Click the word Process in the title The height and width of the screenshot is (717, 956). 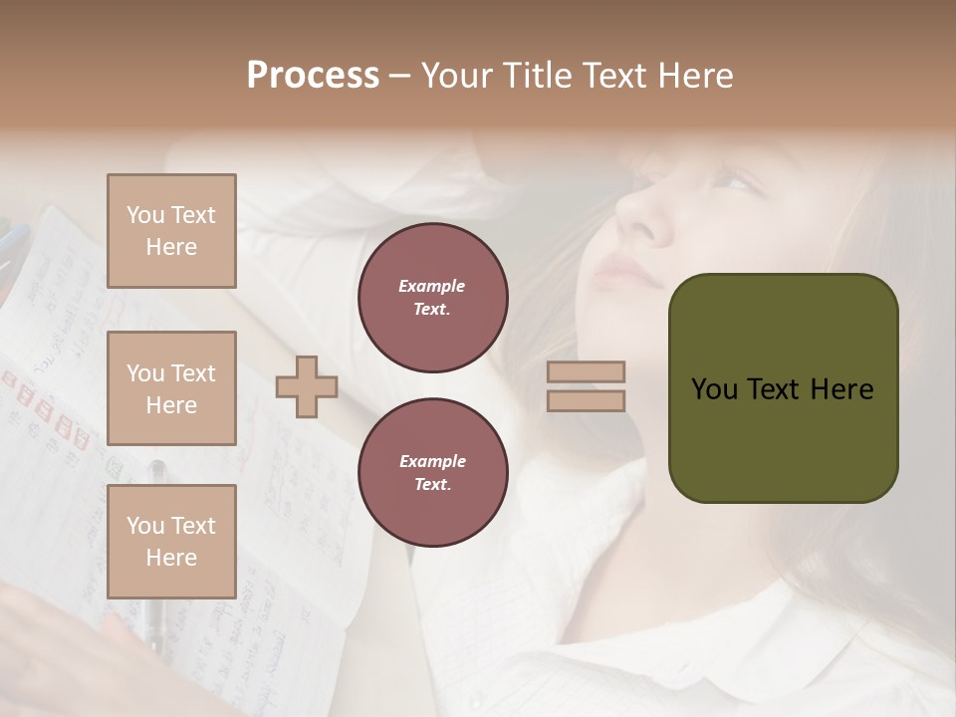click(313, 76)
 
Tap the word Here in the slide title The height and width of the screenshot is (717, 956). click(694, 76)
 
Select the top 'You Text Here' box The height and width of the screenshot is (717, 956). click(171, 231)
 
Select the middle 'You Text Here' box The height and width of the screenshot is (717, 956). click(171, 388)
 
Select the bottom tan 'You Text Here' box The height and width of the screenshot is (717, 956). click(171, 541)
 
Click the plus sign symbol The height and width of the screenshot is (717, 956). click(307, 387)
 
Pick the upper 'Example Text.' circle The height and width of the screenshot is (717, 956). click(433, 298)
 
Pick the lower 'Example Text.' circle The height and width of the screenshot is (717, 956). click(433, 473)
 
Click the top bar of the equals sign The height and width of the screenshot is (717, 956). click(587, 371)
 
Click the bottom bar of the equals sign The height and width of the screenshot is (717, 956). click(587, 400)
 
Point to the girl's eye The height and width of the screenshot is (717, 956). click(735, 181)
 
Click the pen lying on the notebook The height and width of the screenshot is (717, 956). click(157, 558)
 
